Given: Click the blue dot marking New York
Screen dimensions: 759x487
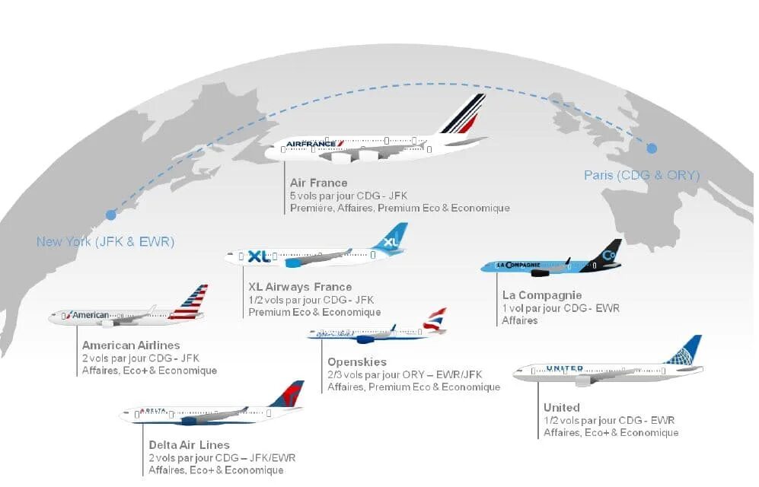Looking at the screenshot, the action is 111,215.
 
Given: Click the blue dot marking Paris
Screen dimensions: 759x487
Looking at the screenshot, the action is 652,148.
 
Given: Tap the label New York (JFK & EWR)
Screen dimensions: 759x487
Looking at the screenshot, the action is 106,242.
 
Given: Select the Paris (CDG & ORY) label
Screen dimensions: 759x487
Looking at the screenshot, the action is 641,175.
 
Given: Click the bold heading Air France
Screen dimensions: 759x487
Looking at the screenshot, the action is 318,183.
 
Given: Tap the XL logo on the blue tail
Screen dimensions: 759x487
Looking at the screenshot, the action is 391,241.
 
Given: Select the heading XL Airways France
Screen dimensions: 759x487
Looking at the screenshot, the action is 300,287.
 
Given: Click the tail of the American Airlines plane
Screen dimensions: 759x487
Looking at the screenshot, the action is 190,302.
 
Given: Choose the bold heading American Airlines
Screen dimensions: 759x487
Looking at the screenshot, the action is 131,345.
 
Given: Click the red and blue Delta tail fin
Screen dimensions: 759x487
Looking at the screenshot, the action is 288,396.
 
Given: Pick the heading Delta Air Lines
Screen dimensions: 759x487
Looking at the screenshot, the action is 189,444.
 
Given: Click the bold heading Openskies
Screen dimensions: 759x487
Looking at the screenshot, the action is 356,361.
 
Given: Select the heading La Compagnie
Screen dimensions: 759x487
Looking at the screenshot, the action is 541,294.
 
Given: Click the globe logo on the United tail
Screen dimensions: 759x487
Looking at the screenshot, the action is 687,352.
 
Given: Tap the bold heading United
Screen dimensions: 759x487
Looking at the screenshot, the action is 561,407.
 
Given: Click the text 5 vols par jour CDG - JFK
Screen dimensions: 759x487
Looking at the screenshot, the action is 348,196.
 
